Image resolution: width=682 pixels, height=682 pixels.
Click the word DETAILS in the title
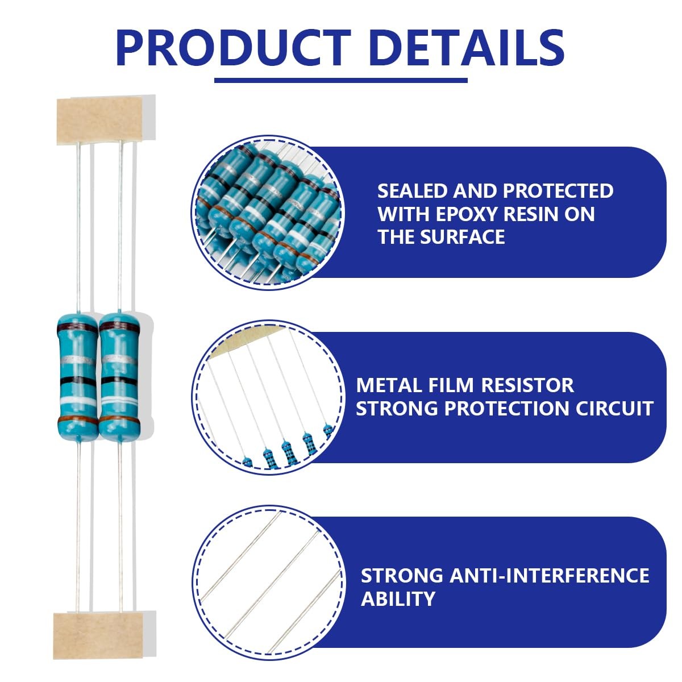pos(468,48)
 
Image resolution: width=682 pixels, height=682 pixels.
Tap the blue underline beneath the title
pos(341,80)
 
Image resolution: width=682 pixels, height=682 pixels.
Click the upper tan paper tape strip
pos(99,120)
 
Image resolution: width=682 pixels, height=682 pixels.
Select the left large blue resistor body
pos(77,377)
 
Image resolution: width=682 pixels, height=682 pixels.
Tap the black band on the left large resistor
pos(78,381)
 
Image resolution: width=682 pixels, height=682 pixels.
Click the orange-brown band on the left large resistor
pos(78,420)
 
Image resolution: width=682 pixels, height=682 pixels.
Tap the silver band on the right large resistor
pos(119,360)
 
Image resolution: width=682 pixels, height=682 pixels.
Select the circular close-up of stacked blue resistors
pos(268,213)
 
